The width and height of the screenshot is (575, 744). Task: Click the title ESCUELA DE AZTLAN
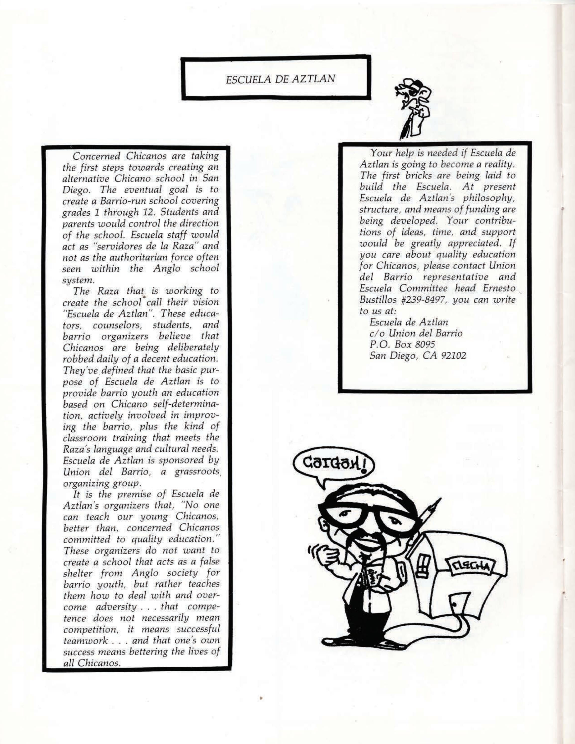pos(280,79)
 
